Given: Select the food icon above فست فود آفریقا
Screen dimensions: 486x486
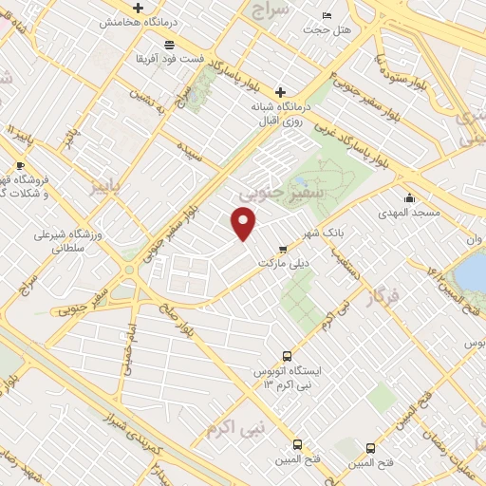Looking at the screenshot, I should [x=168, y=45].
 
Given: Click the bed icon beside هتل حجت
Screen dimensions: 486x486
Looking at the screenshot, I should [x=327, y=16].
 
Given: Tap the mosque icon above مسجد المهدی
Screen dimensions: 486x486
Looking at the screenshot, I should [x=409, y=197].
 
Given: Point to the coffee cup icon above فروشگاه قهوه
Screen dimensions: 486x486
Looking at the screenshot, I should [x=21, y=165].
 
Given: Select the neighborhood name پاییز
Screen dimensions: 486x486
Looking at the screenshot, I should [x=106, y=183].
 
